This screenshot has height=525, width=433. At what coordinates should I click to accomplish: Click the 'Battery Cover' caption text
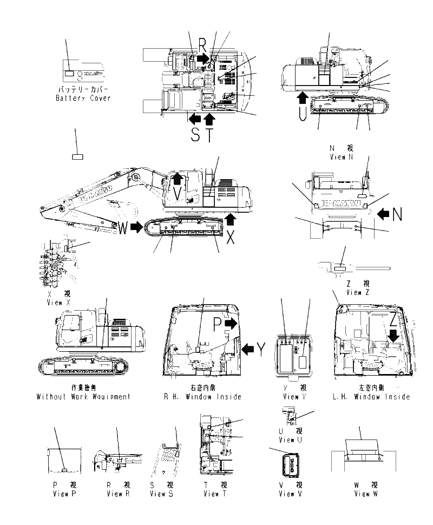tap(83, 98)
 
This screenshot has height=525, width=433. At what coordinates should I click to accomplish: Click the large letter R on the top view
tap(202, 44)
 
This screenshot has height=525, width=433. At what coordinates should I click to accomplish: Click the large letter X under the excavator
tap(231, 237)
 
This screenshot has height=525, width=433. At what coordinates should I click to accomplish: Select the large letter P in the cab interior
tap(216, 323)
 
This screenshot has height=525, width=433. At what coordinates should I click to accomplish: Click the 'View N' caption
tap(341, 156)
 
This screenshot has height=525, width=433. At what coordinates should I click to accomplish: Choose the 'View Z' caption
tap(357, 292)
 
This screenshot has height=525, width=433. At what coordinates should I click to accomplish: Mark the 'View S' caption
tap(162, 494)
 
